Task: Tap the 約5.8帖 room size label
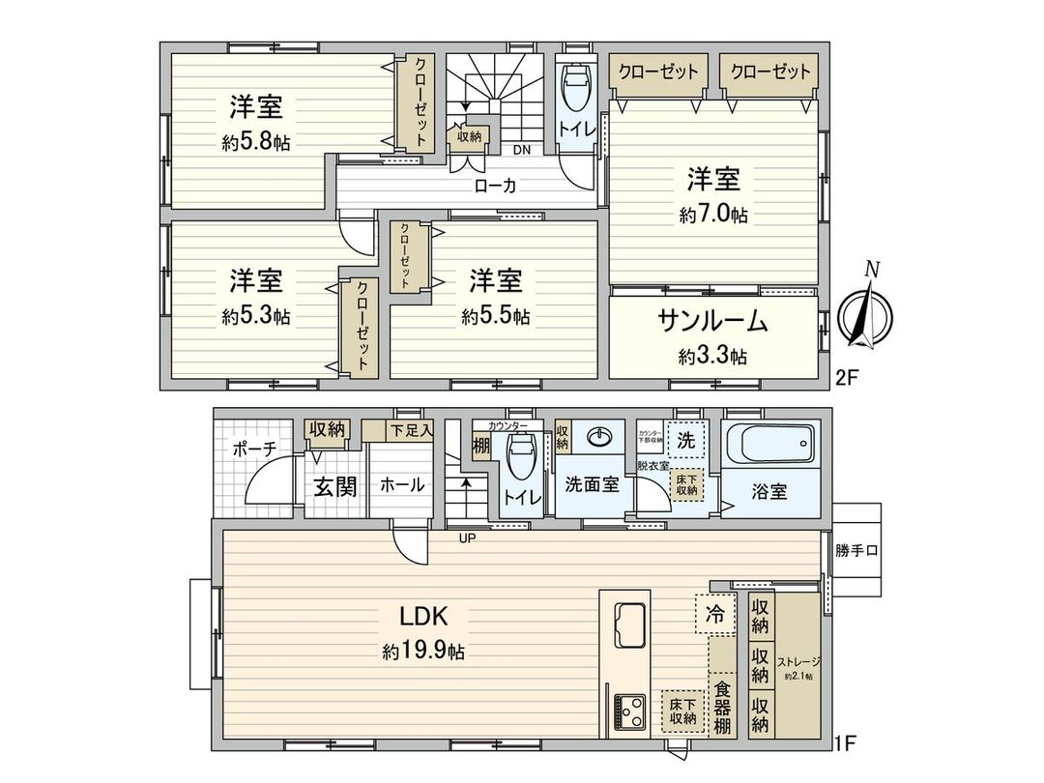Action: coord(255,142)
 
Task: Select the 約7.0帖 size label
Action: coord(713,215)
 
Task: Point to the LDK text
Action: coord(422,616)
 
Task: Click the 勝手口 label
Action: coord(856,551)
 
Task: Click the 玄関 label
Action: coord(333,485)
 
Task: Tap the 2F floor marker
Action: coord(846,378)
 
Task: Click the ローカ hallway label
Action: coord(494,187)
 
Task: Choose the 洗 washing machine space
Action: coord(686,438)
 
